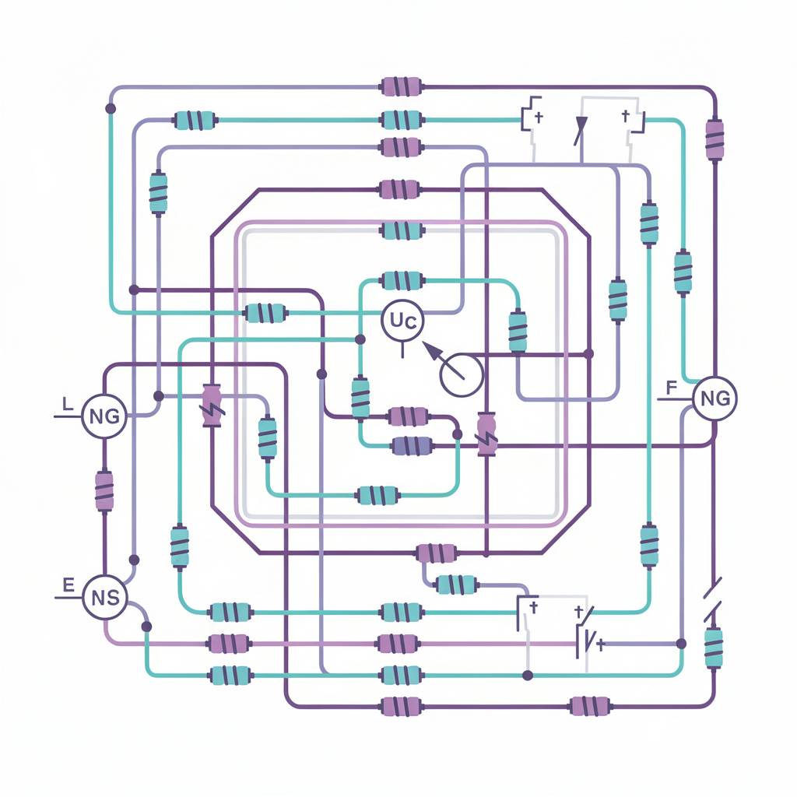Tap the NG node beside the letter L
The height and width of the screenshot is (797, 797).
[x=104, y=416]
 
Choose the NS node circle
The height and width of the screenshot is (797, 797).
[x=104, y=598]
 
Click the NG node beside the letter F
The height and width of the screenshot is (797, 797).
[x=714, y=398]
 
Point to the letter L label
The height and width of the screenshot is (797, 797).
[x=68, y=404]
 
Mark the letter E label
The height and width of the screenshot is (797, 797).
[x=68, y=585]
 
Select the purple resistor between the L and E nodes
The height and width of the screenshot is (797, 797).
[x=104, y=490]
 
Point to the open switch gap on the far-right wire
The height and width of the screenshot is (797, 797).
[x=714, y=599]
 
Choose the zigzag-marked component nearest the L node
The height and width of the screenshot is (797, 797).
[x=211, y=404]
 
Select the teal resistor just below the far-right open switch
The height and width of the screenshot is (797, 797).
[x=714, y=648]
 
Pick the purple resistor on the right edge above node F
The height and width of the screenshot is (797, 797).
[x=714, y=140]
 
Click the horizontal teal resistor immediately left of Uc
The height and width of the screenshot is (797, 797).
[x=265, y=314]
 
